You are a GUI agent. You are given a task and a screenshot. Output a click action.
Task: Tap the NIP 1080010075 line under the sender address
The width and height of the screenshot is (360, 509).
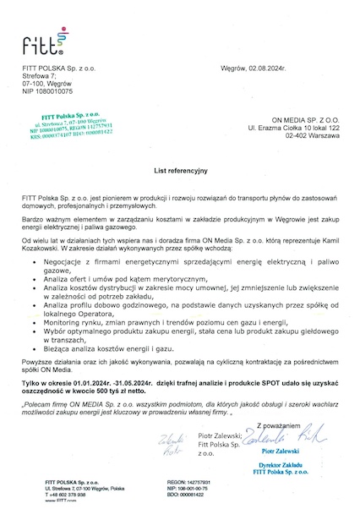click(x=47, y=90)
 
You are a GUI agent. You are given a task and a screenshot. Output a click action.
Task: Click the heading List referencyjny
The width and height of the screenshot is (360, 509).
click(x=180, y=170)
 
